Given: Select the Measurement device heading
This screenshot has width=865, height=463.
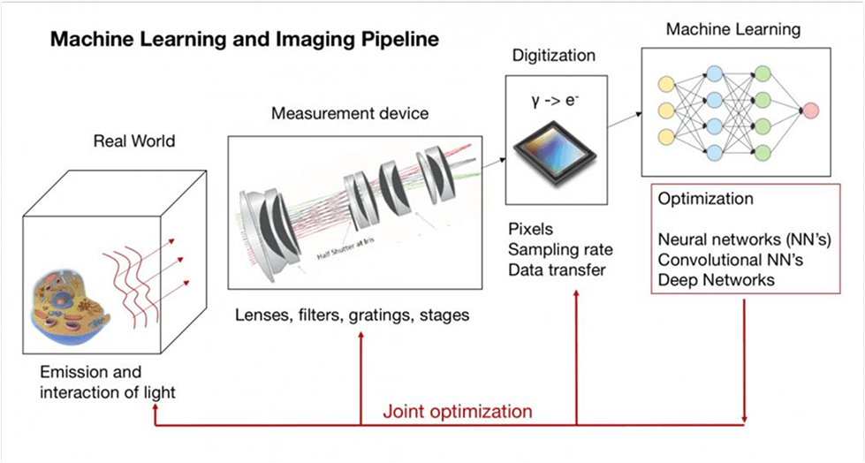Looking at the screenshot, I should pos(350,114).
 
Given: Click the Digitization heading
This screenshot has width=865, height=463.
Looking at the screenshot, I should pos(549,56).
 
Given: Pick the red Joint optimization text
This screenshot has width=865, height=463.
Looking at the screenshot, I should pos(457,412).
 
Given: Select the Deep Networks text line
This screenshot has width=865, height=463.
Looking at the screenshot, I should pos(717,280).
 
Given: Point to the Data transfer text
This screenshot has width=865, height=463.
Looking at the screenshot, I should pos(557,270).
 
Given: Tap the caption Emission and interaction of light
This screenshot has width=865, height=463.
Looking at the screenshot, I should pos(106,383).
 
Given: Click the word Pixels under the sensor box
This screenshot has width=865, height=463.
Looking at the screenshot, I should pos(529,231).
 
